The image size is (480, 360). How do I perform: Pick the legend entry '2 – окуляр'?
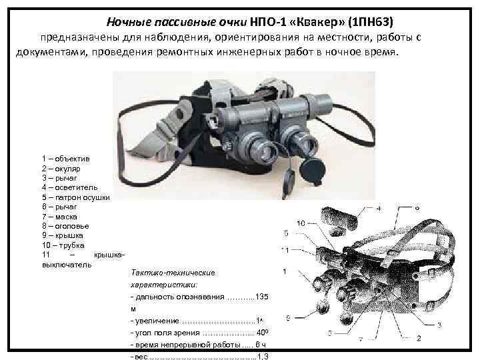point(64,170)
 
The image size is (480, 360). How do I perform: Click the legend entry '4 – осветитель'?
point(71,189)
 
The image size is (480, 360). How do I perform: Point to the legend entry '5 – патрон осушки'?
point(75,198)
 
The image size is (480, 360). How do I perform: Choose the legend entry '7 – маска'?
point(59,217)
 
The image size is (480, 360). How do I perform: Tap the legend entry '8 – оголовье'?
point(65,226)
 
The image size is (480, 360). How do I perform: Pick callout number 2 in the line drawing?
point(418,339)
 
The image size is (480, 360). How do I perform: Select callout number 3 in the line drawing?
point(439,325)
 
